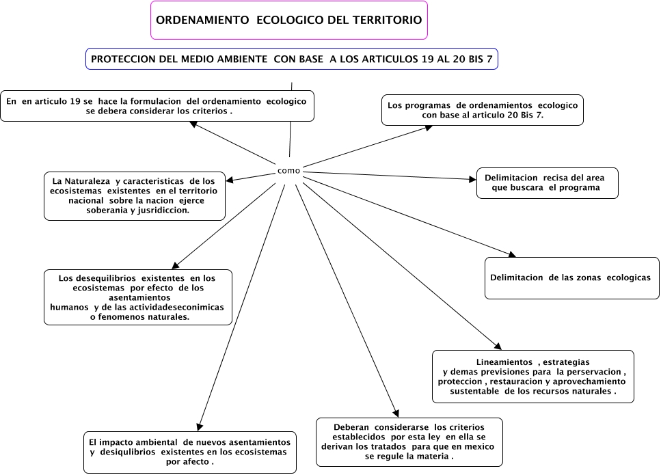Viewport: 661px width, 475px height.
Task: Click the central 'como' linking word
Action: coord(288,170)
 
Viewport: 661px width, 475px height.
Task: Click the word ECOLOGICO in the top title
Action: coord(290,21)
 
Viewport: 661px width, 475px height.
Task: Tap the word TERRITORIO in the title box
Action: coord(384,21)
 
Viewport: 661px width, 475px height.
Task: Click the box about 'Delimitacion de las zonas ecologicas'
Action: coord(571,277)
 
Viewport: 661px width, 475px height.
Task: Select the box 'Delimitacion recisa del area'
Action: coord(547,182)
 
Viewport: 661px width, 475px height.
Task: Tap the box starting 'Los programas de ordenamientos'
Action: coord(482,110)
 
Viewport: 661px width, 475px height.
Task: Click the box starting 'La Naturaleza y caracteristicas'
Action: coord(135,195)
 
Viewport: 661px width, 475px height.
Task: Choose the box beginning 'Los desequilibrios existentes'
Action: coord(137,297)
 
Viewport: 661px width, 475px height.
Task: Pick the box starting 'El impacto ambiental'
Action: coord(190,452)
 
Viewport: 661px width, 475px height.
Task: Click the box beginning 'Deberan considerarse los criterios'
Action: coord(409,442)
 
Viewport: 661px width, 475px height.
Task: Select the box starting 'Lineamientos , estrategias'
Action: coord(532,376)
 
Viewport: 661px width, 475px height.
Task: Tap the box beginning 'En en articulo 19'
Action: coord(157,106)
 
